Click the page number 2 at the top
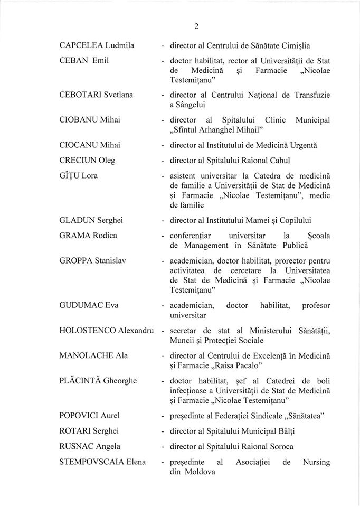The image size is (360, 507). [181, 26]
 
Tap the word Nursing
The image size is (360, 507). [316, 462]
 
